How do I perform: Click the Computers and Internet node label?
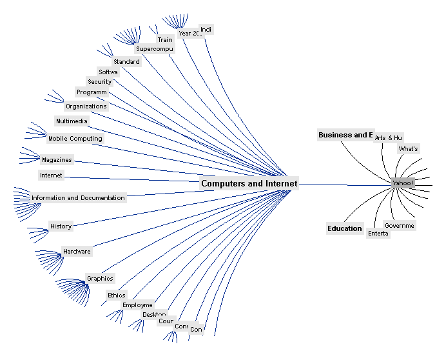click(x=249, y=183)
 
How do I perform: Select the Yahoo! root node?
click(x=403, y=183)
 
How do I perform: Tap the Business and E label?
click(x=345, y=135)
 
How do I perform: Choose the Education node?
click(x=345, y=228)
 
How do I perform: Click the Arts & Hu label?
click(x=389, y=138)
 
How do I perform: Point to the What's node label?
click(x=409, y=149)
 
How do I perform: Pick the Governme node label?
click(x=400, y=226)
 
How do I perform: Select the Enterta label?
click(x=378, y=234)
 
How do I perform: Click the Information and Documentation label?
click(x=78, y=198)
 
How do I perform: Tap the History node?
click(x=61, y=226)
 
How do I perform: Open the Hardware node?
click(x=77, y=252)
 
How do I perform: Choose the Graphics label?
click(x=100, y=279)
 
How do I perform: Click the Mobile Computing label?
click(x=75, y=139)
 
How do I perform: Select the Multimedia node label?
click(x=72, y=121)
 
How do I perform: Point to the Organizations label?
click(x=86, y=106)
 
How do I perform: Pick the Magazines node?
click(x=57, y=160)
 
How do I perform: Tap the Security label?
click(x=100, y=82)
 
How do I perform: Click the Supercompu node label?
click(x=154, y=49)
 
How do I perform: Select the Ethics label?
click(x=117, y=295)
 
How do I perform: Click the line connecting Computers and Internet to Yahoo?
click(x=345, y=185)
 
